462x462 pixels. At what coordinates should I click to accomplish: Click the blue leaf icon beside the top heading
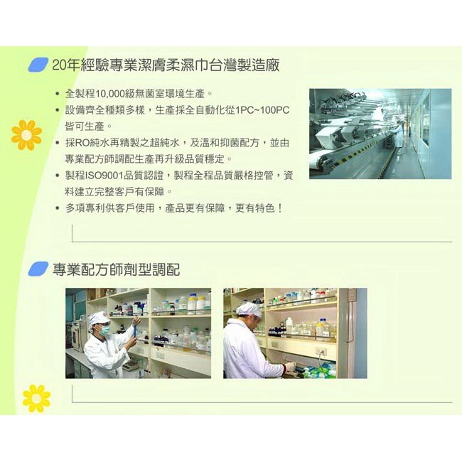38,65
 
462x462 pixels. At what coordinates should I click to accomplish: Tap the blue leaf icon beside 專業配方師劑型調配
38,269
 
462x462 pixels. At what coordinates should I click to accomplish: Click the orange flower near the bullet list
26,135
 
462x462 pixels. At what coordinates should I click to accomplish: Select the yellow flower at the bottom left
36,398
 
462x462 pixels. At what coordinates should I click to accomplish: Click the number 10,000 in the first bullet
110,94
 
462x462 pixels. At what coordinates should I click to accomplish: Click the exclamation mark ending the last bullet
279,208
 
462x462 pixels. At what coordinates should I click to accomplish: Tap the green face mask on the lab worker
105,330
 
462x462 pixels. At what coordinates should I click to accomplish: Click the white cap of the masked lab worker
98,318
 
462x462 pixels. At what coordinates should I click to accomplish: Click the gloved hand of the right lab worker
289,367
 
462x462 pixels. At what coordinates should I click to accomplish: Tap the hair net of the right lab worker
249,309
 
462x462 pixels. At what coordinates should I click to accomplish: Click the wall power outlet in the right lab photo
321,351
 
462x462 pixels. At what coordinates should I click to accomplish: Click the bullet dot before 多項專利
58,208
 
